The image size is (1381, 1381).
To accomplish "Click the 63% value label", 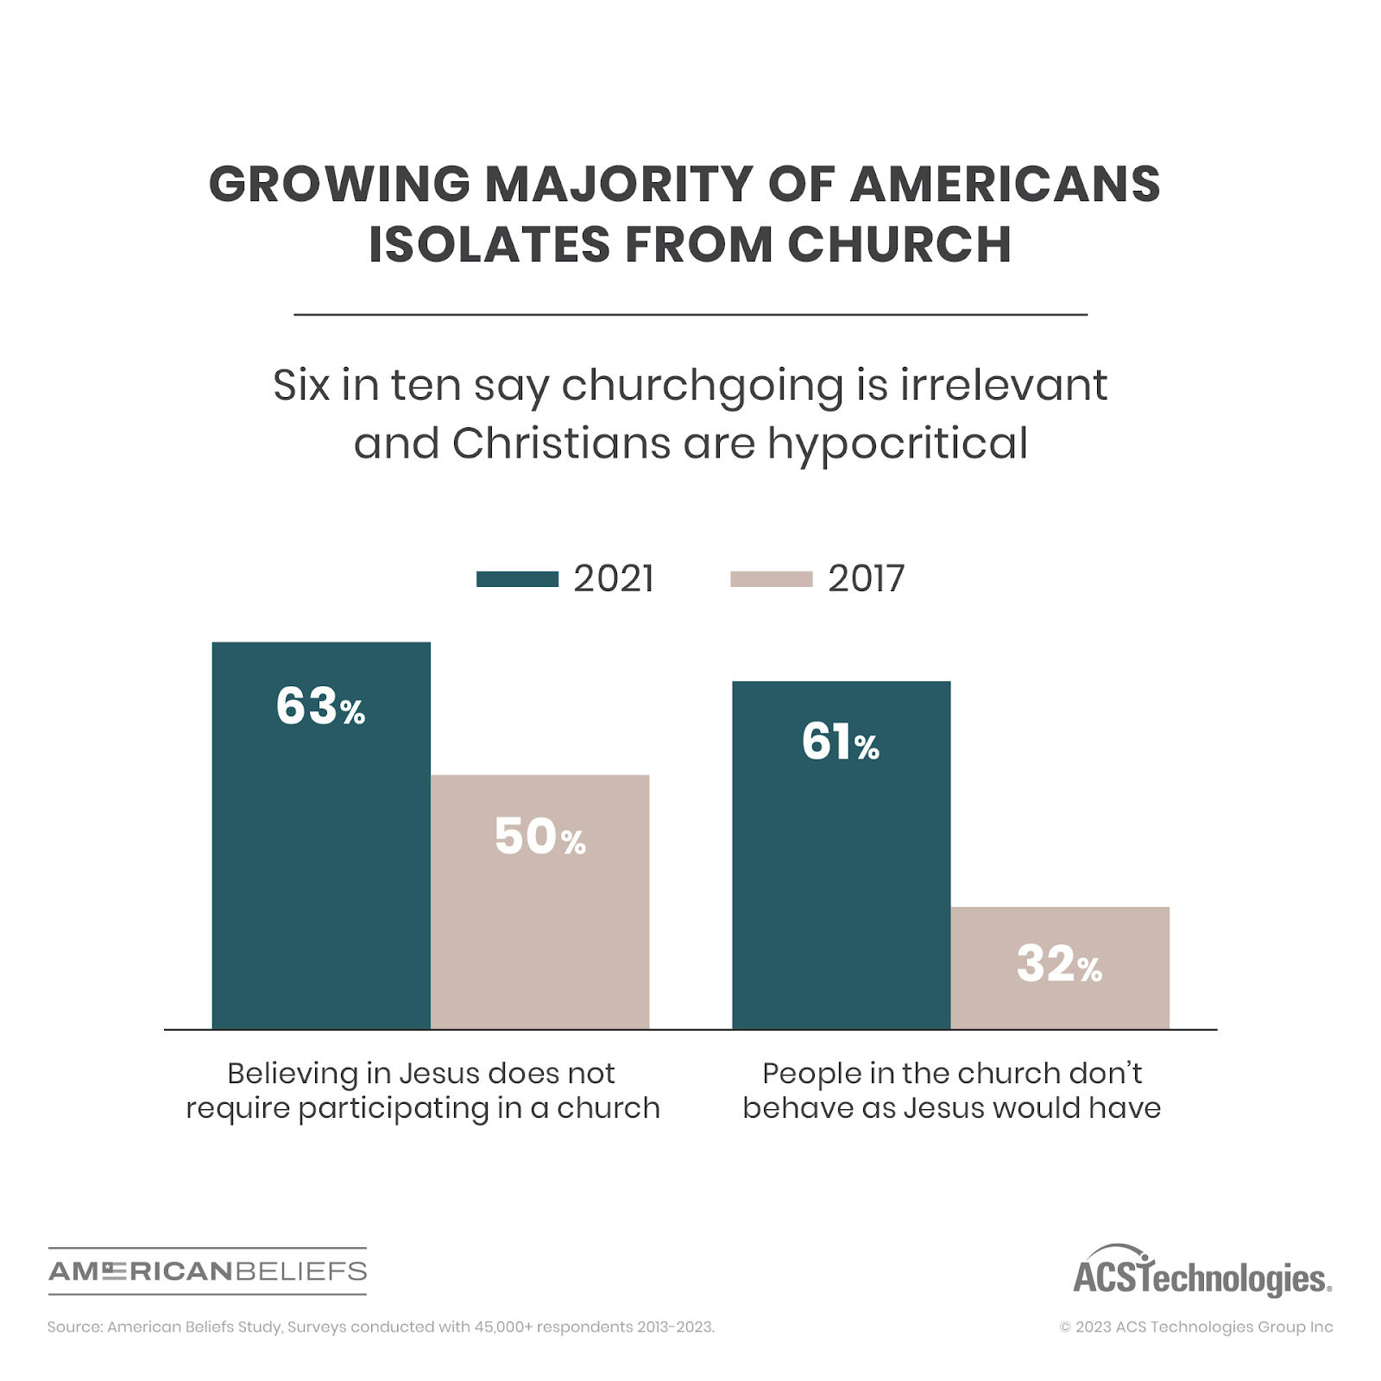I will tap(320, 707).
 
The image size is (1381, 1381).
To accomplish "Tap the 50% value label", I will tap(539, 837).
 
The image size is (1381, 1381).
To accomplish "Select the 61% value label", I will tap(840, 742).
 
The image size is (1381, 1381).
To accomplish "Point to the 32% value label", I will tap(1059, 965).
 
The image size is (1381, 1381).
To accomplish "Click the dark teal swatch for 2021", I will tap(517, 579).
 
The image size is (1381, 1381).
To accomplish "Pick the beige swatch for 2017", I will tap(771, 579).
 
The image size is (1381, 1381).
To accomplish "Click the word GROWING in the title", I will tap(339, 185).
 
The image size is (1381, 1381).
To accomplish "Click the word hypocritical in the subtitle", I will tap(898, 444).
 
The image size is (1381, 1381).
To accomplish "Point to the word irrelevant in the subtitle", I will tap(1004, 385).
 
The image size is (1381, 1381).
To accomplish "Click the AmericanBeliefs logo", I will tap(207, 1271).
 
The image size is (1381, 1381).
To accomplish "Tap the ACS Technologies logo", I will tap(1201, 1273).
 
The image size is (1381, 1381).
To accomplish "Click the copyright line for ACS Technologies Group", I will tap(1195, 1327).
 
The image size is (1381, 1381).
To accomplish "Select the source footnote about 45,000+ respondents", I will tap(381, 1327).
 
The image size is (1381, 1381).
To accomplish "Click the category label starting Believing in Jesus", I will tap(422, 1090).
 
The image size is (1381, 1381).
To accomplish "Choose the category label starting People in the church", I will tap(951, 1090).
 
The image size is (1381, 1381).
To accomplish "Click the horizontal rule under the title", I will tap(690, 315).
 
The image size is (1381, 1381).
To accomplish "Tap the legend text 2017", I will tap(866, 579).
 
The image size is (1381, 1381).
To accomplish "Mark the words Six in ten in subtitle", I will tap(366, 385).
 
